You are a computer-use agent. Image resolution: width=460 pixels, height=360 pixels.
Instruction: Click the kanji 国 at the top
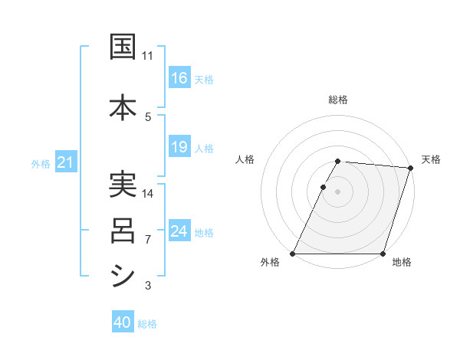[123, 47]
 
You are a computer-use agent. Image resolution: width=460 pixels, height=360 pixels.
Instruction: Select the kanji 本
[123, 106]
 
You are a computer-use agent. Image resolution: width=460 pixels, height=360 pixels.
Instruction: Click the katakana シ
[123, 275]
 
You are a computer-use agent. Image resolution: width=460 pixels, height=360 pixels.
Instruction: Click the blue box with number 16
[179, 78]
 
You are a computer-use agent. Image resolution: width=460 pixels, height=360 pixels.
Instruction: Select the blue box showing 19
[179, 147]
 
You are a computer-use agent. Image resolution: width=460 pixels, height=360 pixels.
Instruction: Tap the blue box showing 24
[179, 231]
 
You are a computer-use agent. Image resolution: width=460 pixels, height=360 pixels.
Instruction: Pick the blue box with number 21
[65, 162]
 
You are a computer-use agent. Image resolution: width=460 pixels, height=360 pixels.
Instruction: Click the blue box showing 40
[123, 323]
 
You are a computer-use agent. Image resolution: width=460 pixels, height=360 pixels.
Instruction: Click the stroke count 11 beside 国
[148, 56]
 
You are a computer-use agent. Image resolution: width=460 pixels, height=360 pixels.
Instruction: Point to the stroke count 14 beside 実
[148, 193]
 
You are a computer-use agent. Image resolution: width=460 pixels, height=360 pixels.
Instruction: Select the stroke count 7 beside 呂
[148, 240]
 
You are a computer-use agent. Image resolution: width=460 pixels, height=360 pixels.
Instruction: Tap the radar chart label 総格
[338, 100]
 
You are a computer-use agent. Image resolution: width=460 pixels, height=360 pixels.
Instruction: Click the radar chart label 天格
[431, 159]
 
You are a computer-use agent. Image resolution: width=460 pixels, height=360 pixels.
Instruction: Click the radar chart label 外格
[270, 263]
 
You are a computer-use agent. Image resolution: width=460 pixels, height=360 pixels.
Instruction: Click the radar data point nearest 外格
[293, 254]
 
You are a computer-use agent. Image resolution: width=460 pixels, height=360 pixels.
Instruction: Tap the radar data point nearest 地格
[383, 254]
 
